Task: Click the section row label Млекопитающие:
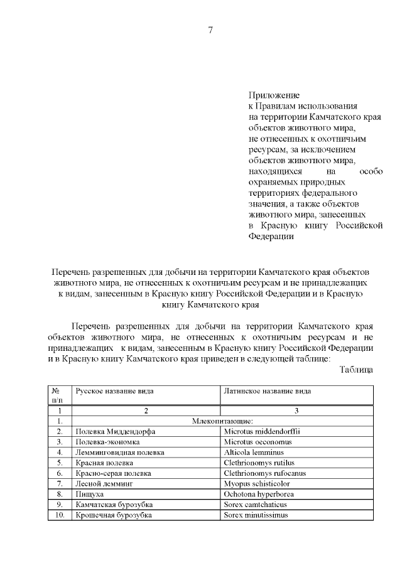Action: tap(222, 421)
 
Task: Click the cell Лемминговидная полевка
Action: tap(120, 452)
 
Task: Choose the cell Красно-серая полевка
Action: tap(115, 473)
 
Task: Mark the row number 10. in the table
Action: tap(59, 515)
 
